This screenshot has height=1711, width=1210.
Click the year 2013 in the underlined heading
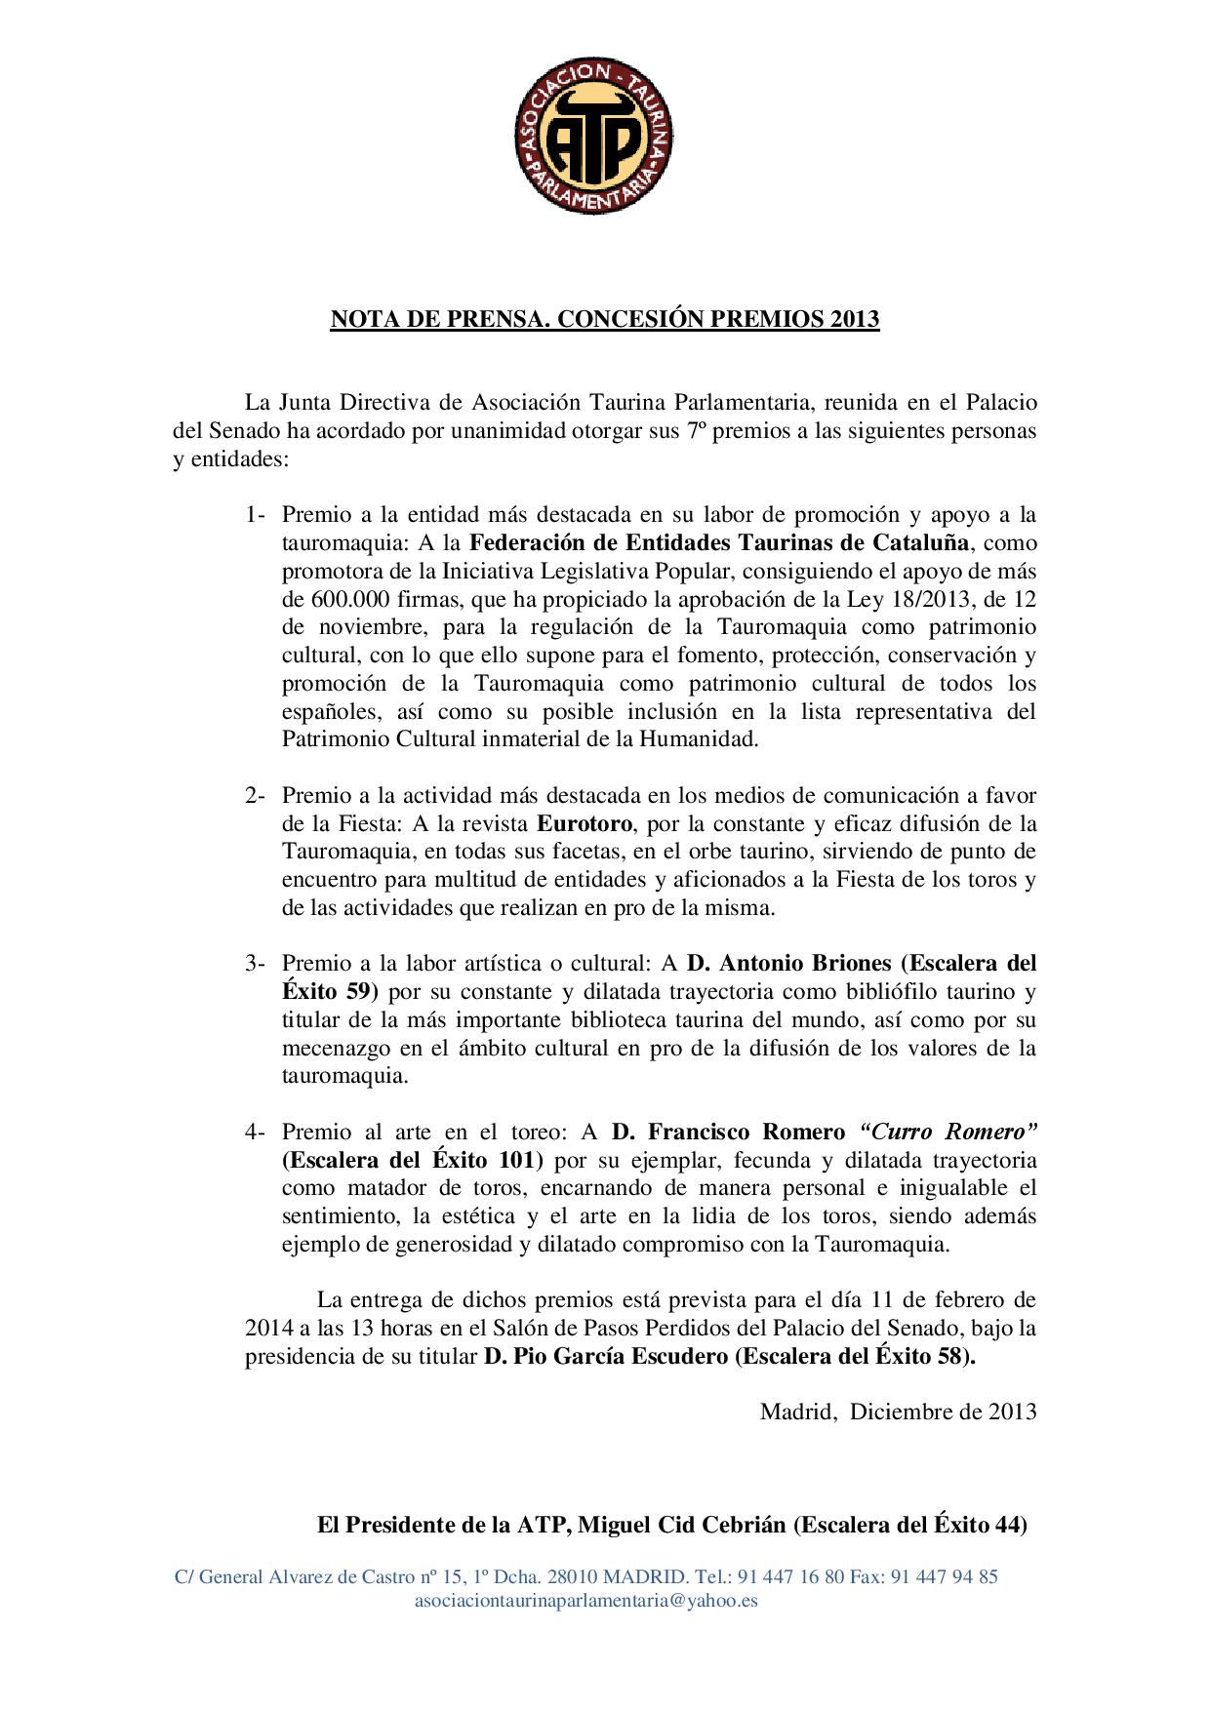click(x=855, y=319)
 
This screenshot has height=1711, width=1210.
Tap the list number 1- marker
click(x=256, y=514)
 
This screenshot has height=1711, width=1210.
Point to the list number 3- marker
click(x=256, y=964)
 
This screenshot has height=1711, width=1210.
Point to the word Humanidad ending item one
click(x=697, y=738)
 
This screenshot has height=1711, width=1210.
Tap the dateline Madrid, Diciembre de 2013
click(x=898, y=1411)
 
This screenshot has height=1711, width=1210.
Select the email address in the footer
click(x=586, y=1600)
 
